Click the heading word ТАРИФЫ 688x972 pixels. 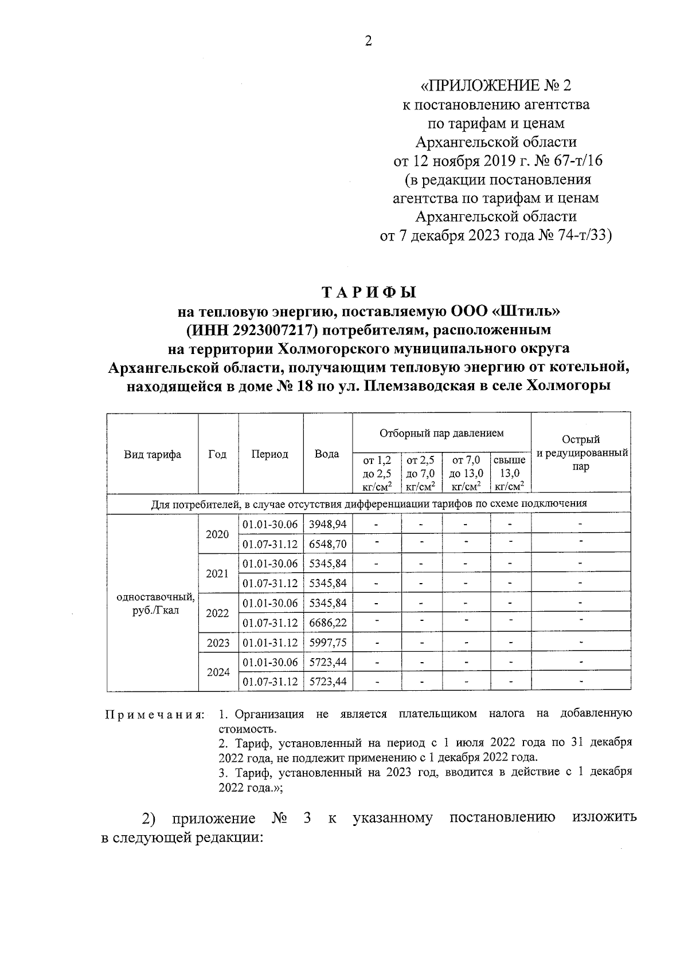tap(368, 293)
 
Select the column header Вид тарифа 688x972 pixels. tap(153, 454)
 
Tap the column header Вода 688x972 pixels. tap(327, 454)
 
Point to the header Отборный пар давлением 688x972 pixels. tap(441, 434)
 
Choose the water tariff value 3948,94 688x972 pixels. tap(327, 524)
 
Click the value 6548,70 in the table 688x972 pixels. tap(327, 544)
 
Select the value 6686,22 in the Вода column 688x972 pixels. tap(327, 623)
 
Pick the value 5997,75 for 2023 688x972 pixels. tap(327, 643)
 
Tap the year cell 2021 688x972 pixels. tap(217, 573)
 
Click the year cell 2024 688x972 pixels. tap(217, 672)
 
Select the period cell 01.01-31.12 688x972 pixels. tap(270, 643)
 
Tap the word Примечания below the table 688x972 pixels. tap(154, 715)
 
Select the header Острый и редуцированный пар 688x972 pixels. tap(581, 453)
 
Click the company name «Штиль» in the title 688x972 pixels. tap(524, 312)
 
